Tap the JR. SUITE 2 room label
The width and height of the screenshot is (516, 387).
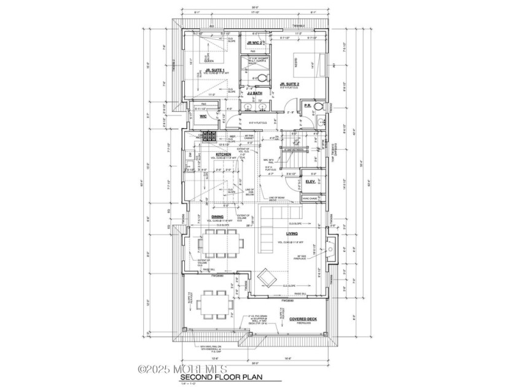(x=289, y=84)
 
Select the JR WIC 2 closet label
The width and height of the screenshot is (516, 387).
(x=255, y=42)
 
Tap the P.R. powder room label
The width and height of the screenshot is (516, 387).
(x=308, y=106)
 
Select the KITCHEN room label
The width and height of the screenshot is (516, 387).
(x=223, y=154)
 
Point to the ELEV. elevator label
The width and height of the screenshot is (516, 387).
(x=310, y=182)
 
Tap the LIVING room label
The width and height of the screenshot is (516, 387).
(x=292, y=233)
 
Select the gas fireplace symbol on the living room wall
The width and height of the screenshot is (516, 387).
(x=331, y=251)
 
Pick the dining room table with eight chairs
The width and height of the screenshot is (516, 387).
(x=220, y=244)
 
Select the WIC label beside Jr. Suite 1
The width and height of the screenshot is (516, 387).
(x=202, y=115)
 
